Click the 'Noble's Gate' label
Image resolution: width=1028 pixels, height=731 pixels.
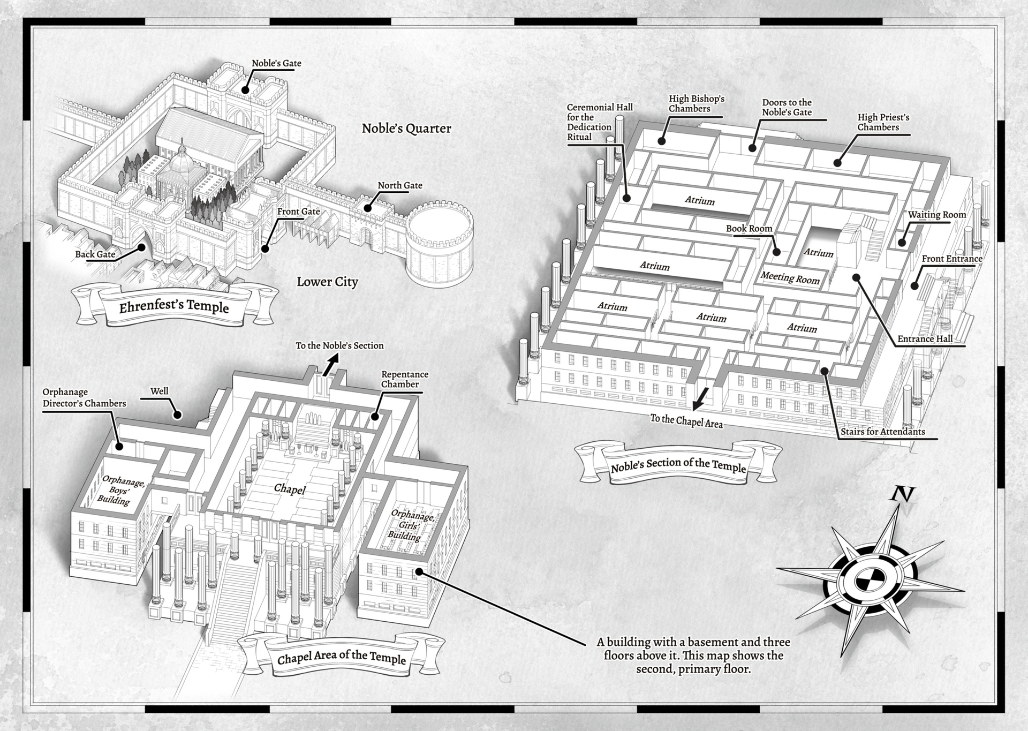(276, 63)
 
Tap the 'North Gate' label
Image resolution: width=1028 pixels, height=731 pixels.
(400, 185)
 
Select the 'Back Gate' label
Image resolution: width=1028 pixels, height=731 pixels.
(95, 254)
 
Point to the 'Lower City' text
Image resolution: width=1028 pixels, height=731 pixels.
(327, 282)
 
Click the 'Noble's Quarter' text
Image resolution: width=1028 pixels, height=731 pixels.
(406, 129)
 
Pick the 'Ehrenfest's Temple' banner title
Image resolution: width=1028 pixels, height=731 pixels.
(174, 307)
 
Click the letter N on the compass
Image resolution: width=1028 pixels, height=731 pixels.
(902, 494)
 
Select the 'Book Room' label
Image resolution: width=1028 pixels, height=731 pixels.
(749, 229)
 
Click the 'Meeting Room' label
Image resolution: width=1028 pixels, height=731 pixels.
(790, 278)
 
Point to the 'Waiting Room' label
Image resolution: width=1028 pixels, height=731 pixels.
(937, 215)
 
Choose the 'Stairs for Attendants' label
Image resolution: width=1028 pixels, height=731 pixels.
(882, 432)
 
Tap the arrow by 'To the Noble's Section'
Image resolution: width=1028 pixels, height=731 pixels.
(331, 365)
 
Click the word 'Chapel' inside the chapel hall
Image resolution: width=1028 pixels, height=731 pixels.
(290, 489)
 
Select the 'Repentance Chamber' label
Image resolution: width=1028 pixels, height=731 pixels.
(405, 379)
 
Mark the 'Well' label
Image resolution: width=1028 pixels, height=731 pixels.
(159, 391)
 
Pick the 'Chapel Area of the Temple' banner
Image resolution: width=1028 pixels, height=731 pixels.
(341, 657)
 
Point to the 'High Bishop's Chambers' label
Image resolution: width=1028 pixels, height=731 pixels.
(696, 103)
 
